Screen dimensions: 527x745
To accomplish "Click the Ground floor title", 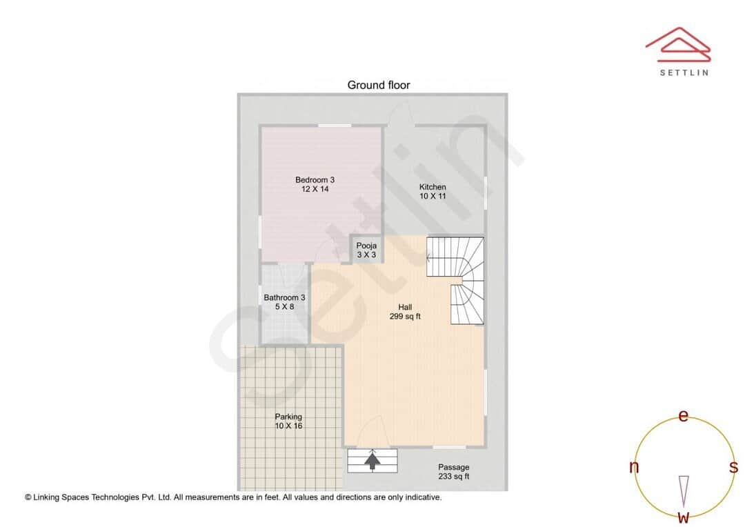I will click(x=378, y=86).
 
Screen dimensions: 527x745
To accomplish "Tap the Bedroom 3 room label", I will click(x=315, y=180).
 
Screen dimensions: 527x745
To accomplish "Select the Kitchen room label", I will click(x=433, y=187).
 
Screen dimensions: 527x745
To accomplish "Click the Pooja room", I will click(x=366, y=250).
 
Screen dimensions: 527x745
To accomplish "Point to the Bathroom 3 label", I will click(x=284, y=298).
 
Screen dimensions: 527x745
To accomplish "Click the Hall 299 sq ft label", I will click(x=405, y=312).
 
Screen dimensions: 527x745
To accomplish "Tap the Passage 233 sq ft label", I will click(x=453, y=472).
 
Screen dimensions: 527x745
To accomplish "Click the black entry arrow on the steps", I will click(x=372, y=460).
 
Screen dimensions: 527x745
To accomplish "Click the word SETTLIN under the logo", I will click(x=684, y=72).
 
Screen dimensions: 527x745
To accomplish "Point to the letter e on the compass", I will click(x=684, y=416).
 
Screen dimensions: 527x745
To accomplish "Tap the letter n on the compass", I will click(x=634, y=467).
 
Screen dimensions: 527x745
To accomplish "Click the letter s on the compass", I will click(x=734, y=467).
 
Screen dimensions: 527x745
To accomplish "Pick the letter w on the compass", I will click(x=684, y=517).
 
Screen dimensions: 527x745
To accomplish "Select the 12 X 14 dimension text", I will click(x=315, y=189).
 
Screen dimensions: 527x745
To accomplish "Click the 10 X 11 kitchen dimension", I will click(x=433, y=196).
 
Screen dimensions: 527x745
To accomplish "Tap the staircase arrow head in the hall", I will click(x=429, y=258).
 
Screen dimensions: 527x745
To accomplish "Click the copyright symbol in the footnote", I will click(x=28, y=497).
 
